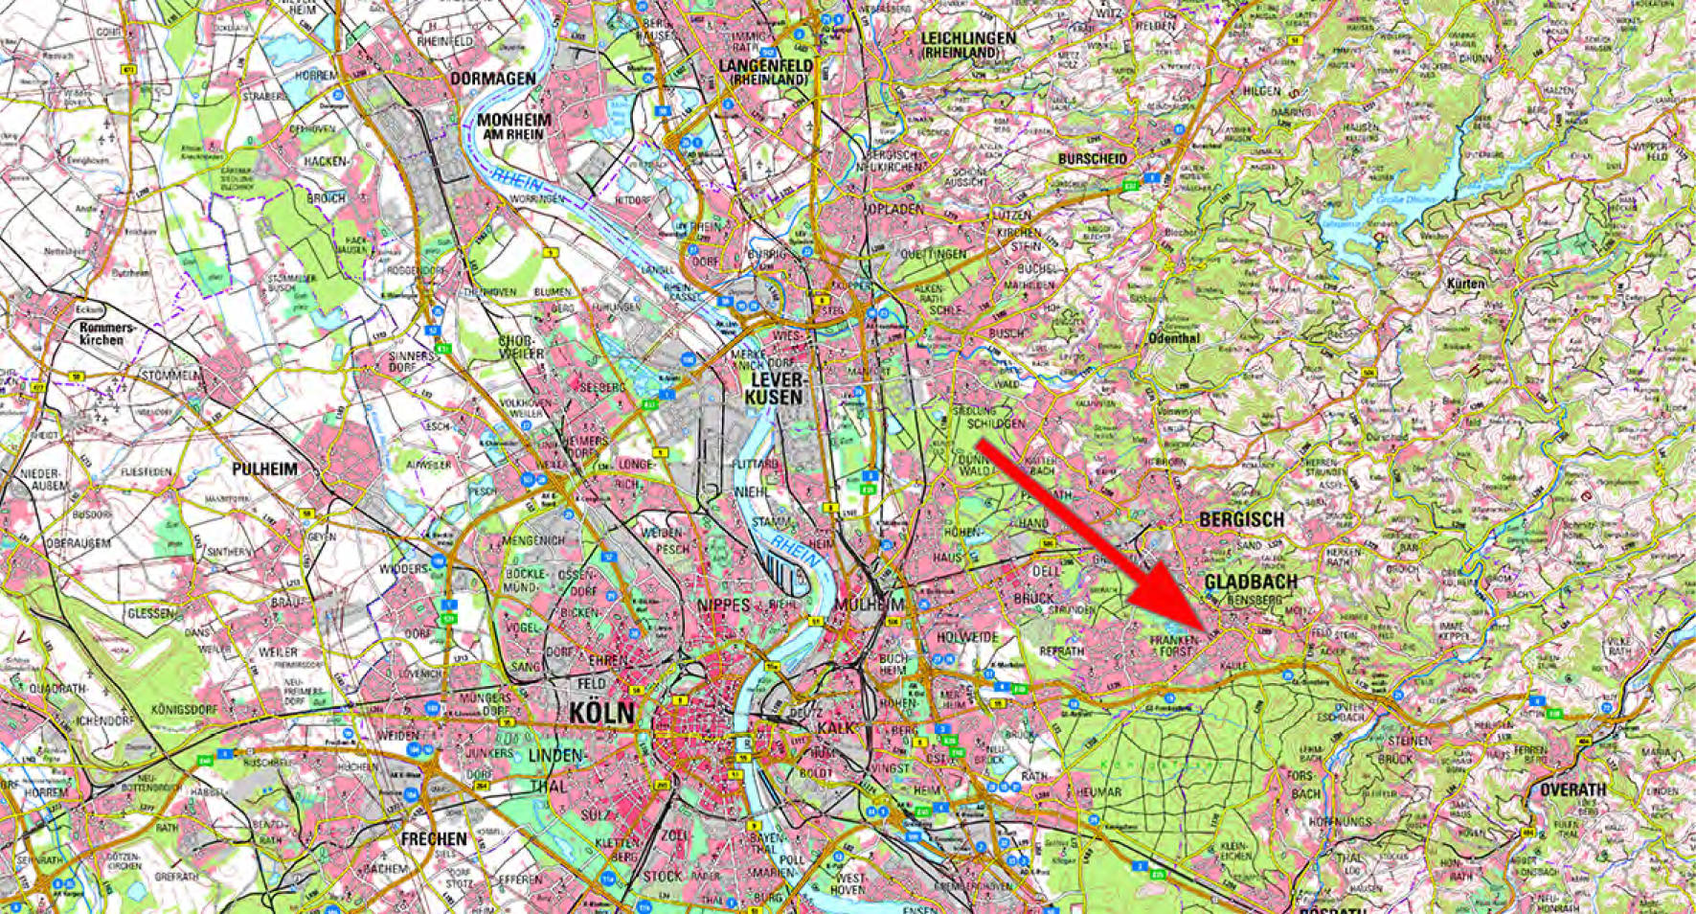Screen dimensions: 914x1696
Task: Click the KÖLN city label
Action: coord(601,713)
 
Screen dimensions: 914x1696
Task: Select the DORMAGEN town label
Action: coord(492,78)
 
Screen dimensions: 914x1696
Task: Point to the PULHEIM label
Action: coord(264,469)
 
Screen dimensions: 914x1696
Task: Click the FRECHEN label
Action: coord(434,838)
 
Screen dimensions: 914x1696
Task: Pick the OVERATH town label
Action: coord(1572,790)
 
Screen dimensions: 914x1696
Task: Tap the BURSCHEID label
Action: coord(1093,158)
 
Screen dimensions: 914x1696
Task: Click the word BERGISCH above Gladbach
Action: coord(1241,519)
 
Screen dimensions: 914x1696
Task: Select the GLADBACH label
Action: coord(1251,582)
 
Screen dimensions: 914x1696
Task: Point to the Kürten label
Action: coord(1466,284)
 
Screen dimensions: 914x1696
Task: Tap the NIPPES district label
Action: coord(726,605)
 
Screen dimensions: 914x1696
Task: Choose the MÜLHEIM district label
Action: coord(870,605)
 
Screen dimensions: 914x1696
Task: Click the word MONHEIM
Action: coord(514,120)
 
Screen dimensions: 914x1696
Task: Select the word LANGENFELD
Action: coord(771,65)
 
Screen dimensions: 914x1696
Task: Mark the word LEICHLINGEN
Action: coord(967,38)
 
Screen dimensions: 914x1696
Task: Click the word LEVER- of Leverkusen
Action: coord(776,379)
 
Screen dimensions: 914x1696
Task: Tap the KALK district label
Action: coord(835,728)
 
